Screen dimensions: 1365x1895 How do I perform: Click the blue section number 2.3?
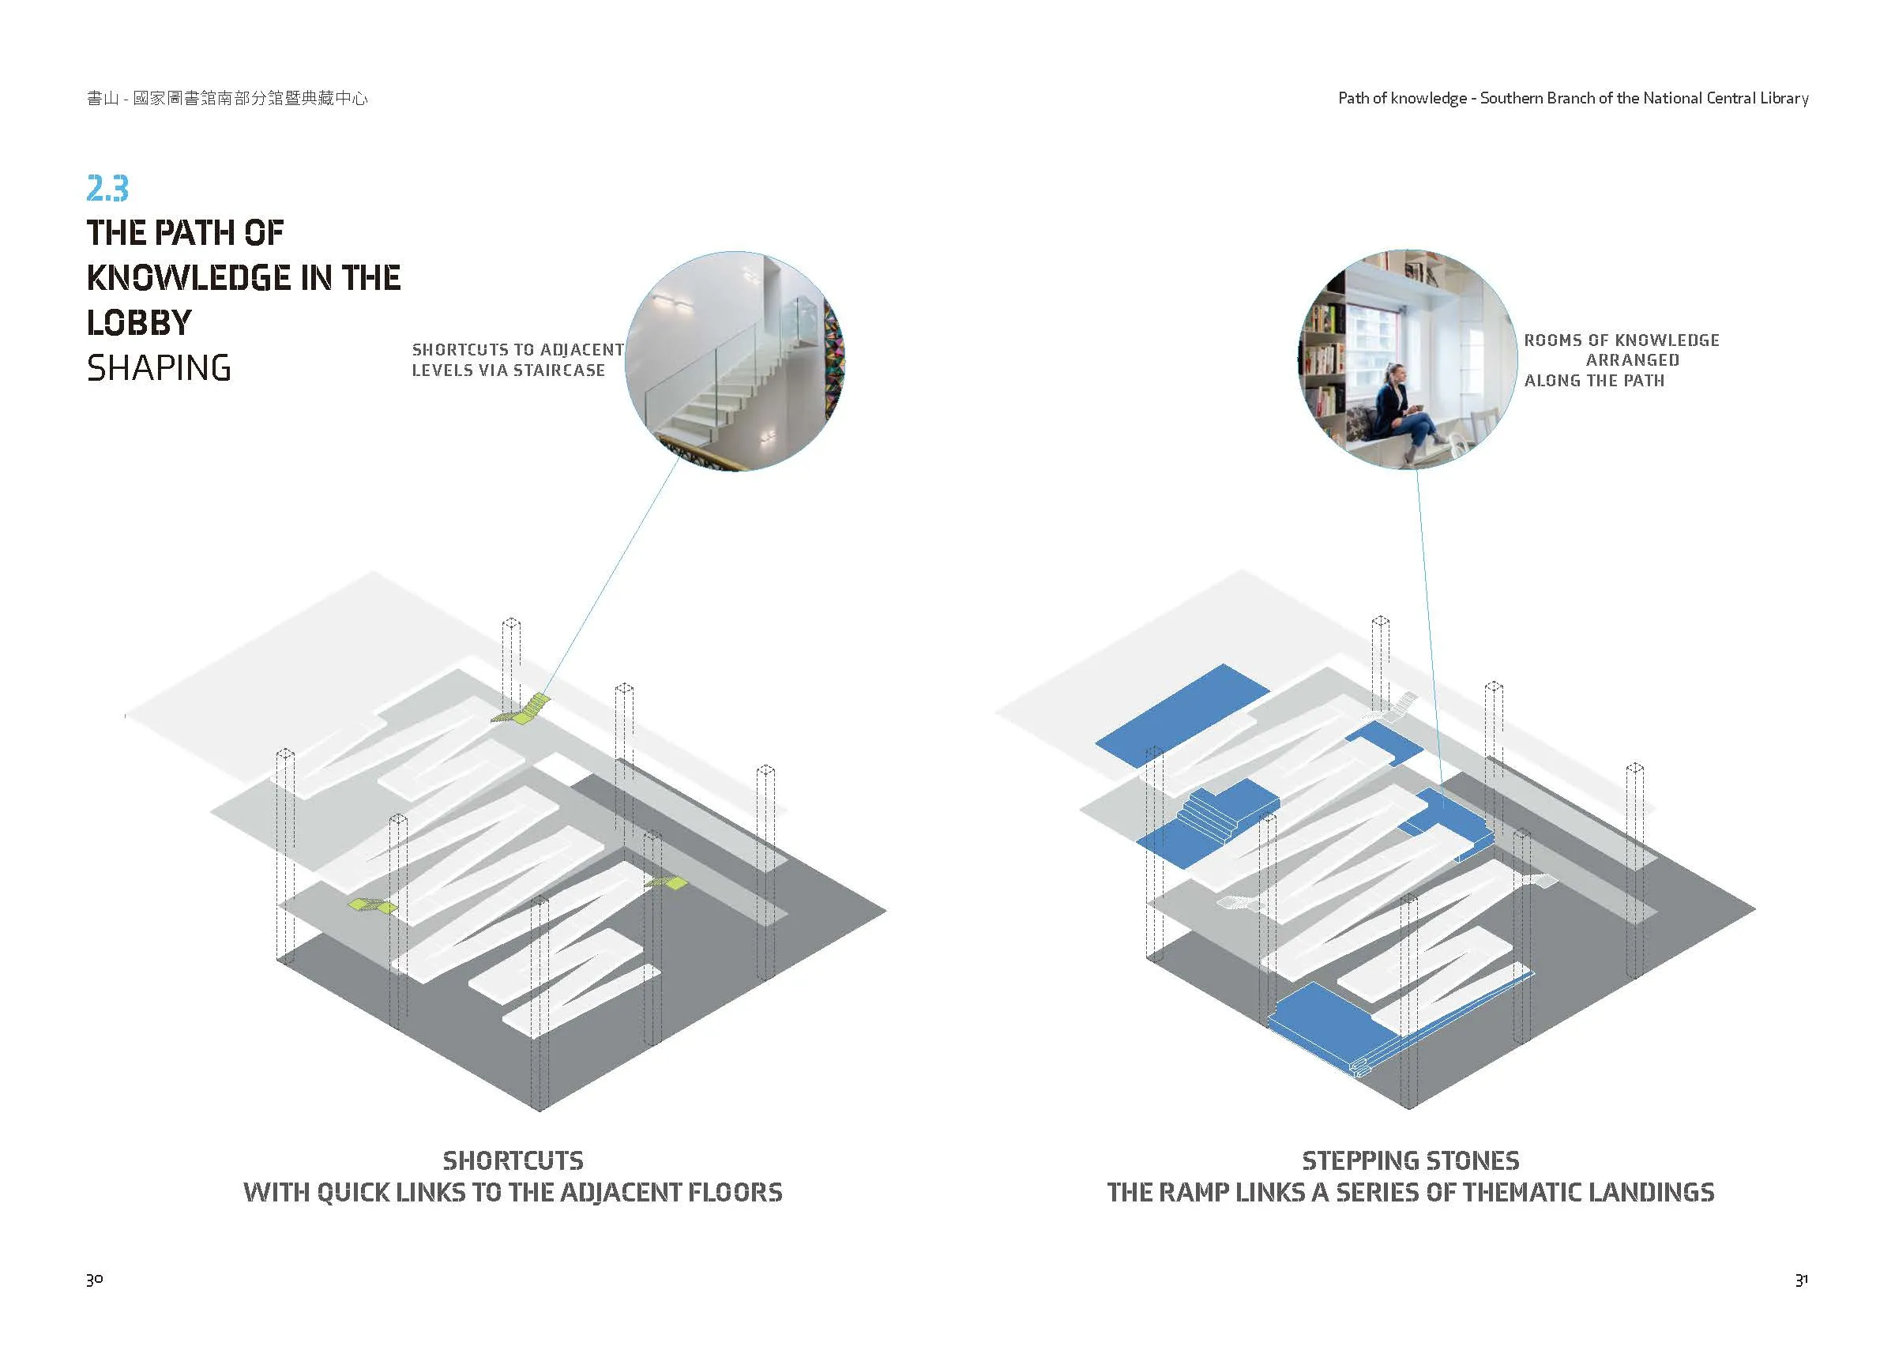pyautogui.click(x=107, y=189)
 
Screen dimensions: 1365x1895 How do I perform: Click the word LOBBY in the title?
pyautogui.click(x=140, y=322)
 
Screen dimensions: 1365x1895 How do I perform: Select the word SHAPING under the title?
pyautogui.click(x=159, y=368)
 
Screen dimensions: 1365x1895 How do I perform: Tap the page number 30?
pyautogui.click(x=95, y=1279)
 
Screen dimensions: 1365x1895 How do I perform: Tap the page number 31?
pyautogui.click(x=1802, y=1279)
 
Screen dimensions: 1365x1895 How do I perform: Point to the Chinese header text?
pyautogui.click(x=227, y=99)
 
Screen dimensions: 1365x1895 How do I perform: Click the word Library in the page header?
pyautogui.click(x=1784, y=99)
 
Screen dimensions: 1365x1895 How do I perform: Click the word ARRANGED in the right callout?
pyautogui.click(x=1632, y=361)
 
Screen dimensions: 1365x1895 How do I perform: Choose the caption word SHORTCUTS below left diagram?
pyautogui.click(x=513, y=1160)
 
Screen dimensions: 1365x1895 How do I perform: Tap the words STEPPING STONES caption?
pyautogui.click(x=1410, y=1160)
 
